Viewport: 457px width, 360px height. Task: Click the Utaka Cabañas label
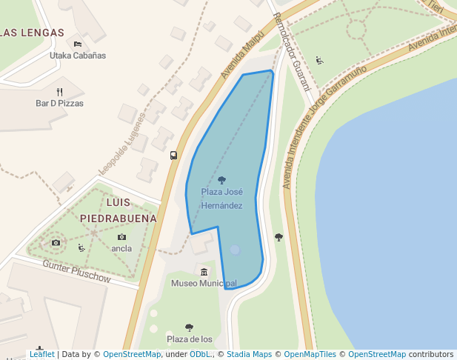78,56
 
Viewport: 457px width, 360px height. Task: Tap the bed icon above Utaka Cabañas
78,44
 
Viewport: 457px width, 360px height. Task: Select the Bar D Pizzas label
59,104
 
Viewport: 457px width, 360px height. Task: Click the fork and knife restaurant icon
59,92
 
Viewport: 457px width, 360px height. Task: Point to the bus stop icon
173,156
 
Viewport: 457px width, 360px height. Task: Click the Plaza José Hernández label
222,199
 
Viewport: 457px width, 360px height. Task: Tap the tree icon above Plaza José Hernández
222,180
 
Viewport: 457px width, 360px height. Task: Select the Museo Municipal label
204,284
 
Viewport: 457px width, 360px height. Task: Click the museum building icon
204,272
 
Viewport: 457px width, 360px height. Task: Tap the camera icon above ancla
121,237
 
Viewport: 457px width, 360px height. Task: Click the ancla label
121,249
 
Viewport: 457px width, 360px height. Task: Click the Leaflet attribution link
41,355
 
